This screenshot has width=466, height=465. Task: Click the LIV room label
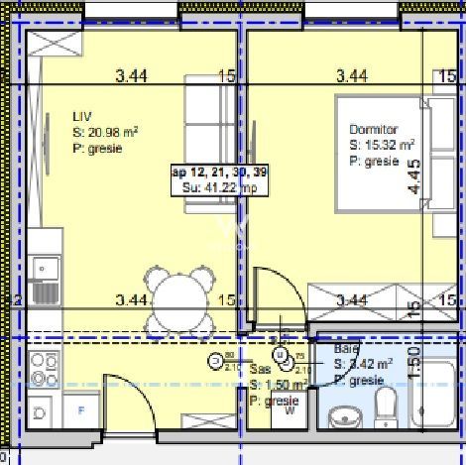(x=81, y=114)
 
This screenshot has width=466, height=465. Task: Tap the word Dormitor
(x=373, y=130)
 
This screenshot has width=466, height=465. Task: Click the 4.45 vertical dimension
(x=413, y=178)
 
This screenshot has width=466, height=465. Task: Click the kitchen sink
(x=45, y=279)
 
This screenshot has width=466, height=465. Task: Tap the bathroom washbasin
(x=343, y=417)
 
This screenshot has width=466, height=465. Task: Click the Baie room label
(x=345, y=350)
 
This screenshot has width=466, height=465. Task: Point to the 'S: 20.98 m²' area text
(x=104, y=131)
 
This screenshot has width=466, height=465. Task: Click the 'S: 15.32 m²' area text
(x=381, y=146)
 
